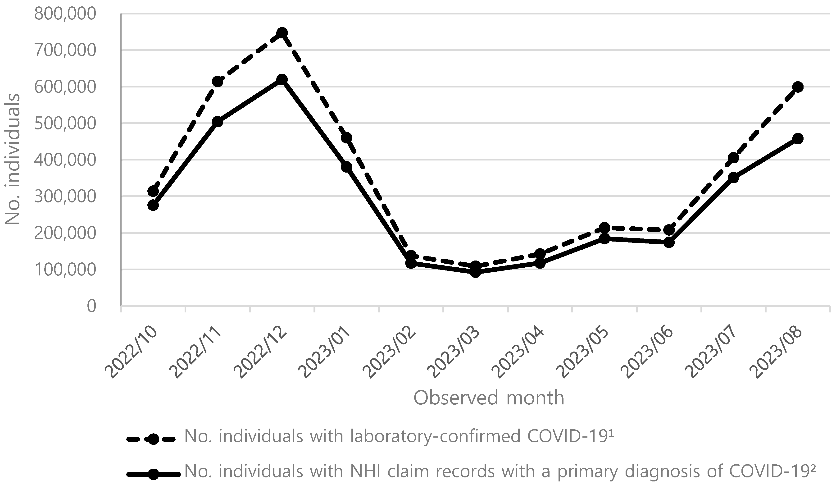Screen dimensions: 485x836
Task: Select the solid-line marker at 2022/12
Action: click(x=282, y=80)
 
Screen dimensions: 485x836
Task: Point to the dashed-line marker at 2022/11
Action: click(x=217, y=81)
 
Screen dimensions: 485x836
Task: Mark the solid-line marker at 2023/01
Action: click(x=346, y=167)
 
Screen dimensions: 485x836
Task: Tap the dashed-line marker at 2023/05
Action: click(x=604, y=228)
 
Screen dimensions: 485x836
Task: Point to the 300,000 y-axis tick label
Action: click(x=65, y=197)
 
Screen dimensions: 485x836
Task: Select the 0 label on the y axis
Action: click(x=91, y=306)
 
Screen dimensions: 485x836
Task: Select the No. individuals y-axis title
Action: click(x=13, y=159)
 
